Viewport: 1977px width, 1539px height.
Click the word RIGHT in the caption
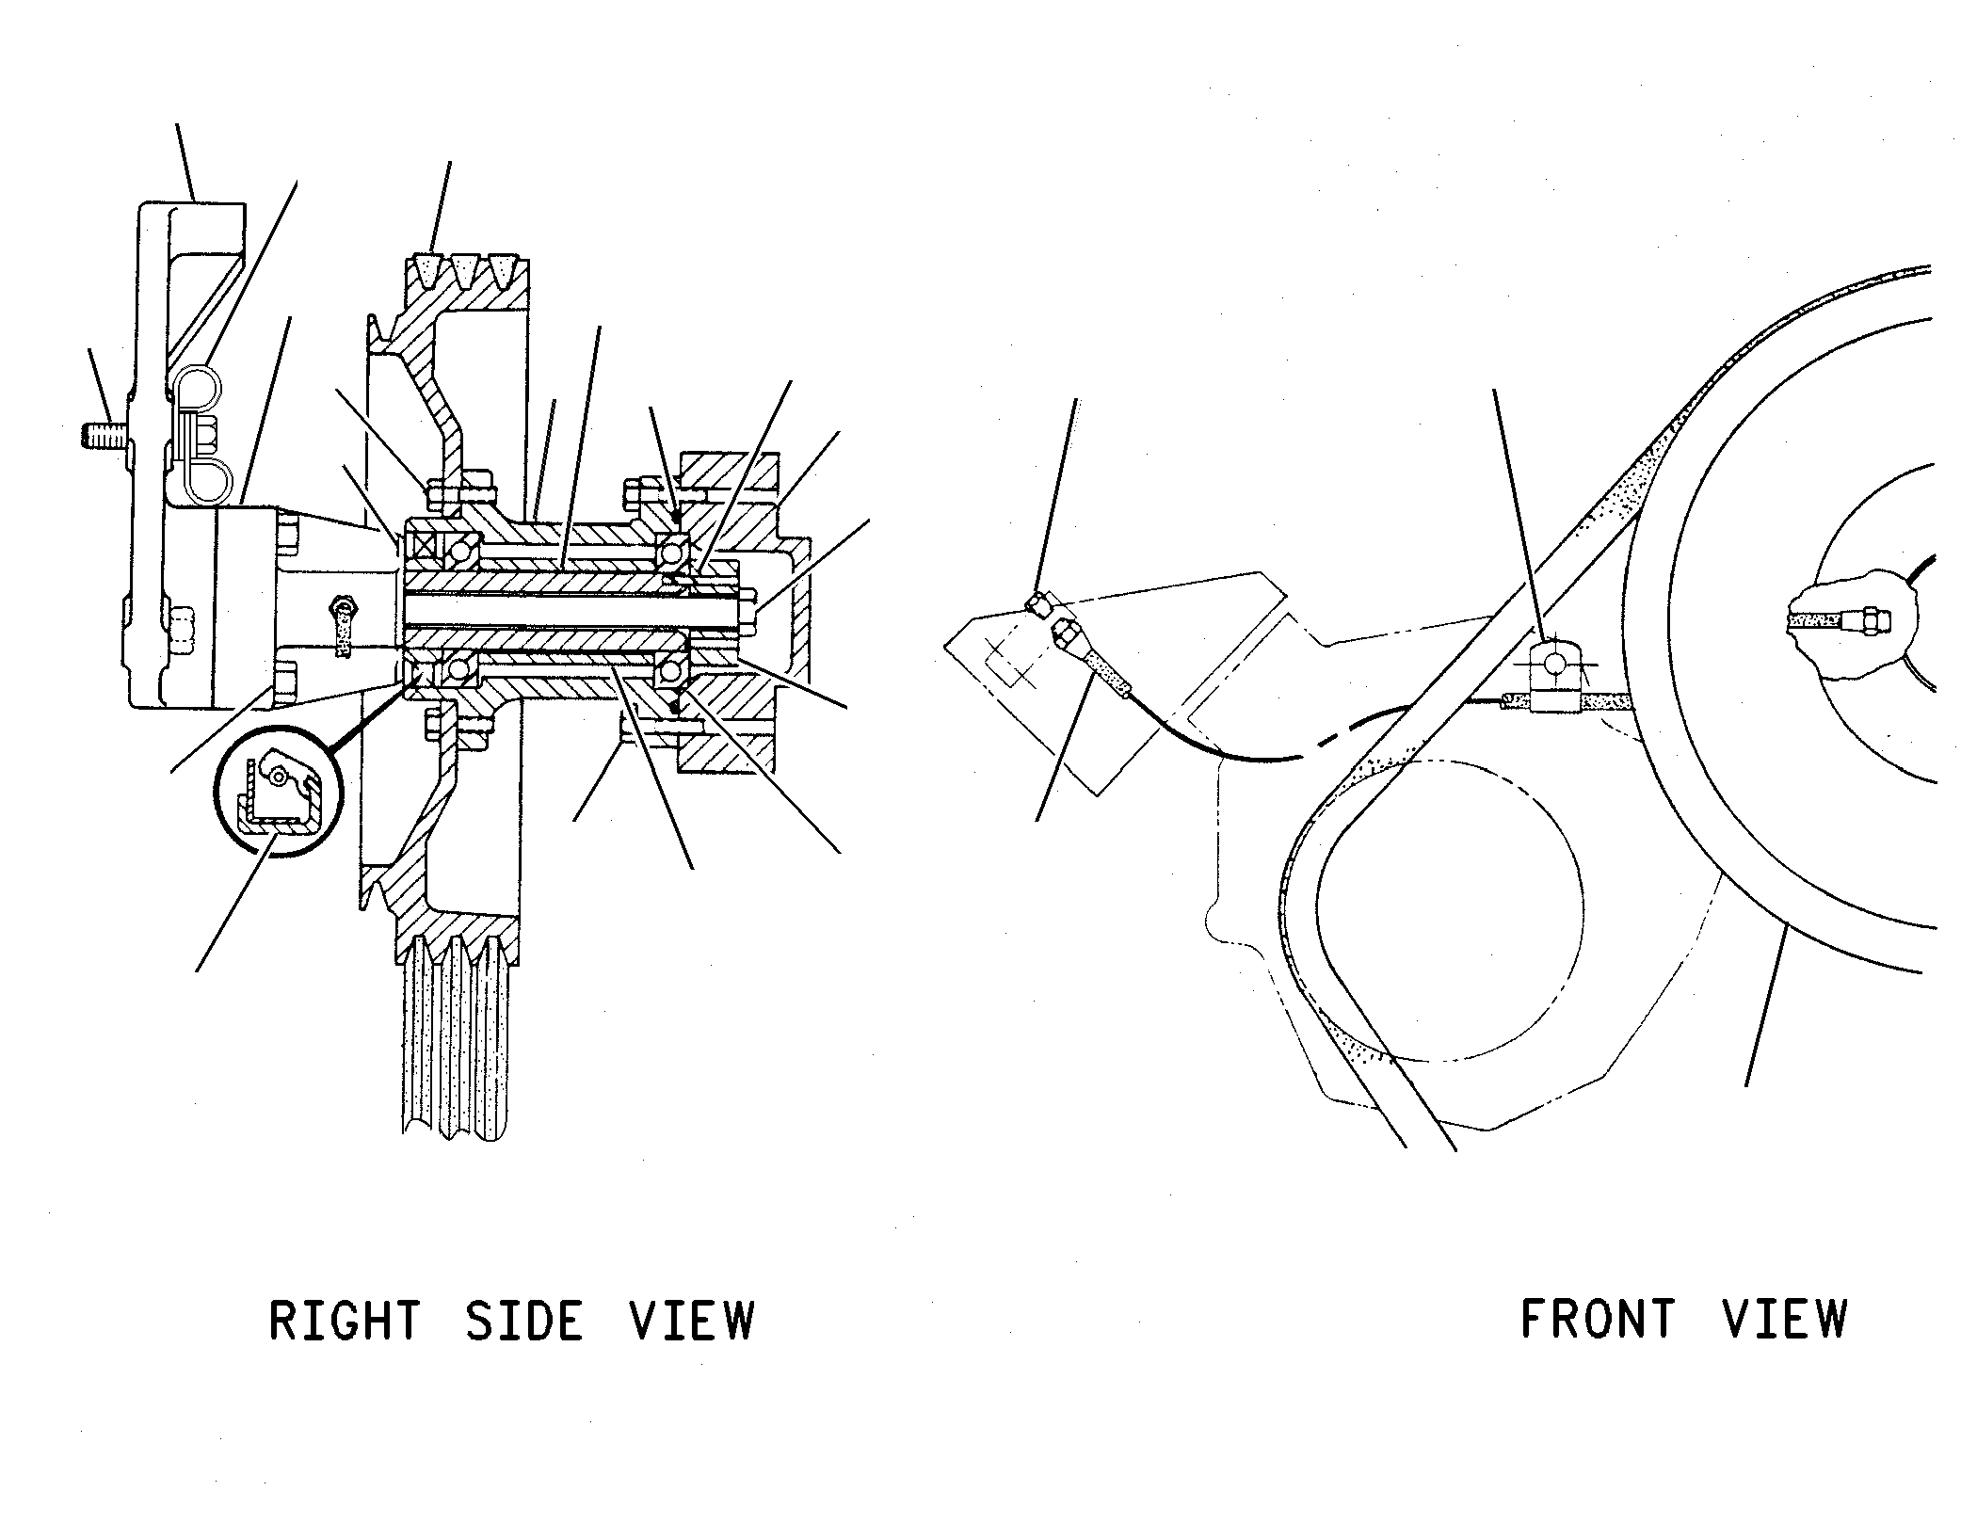click(x=345, y=1321)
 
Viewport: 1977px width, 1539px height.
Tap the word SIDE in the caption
click(x=524, y=1321)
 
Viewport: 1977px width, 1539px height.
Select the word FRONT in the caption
click(x=1598, y=1319)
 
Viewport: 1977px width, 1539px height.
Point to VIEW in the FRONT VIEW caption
click(x=1786, y=1319)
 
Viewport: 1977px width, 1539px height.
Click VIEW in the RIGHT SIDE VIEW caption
click(x=692, y=1321)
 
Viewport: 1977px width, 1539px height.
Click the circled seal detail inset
click(x=280, y=789)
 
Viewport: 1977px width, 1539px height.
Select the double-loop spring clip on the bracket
click(x=201, y=433)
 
